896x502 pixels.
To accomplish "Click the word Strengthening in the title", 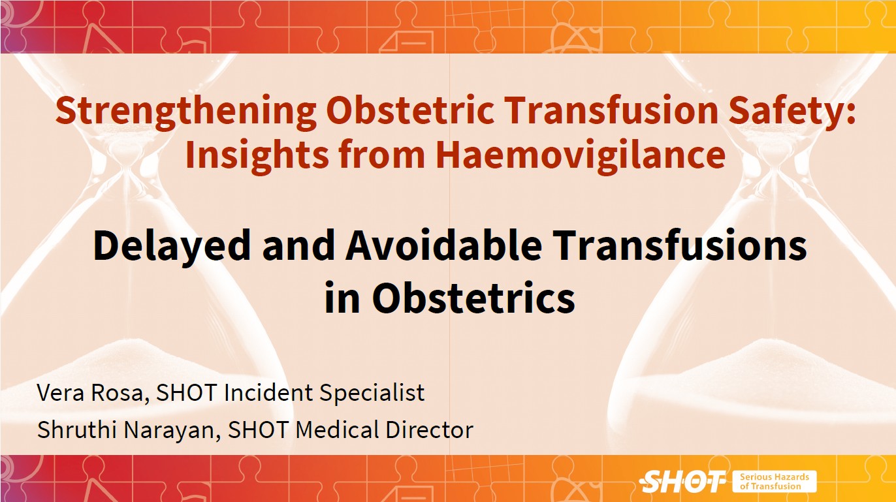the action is pos(186,112).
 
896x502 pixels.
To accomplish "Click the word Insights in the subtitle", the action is pos(257,157).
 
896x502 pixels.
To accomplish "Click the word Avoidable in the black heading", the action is pos(444,245).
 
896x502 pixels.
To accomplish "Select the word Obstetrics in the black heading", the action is pos(474,298).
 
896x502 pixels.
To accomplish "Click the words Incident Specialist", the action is pos(324,393).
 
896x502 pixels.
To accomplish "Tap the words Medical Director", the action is pos(384,430).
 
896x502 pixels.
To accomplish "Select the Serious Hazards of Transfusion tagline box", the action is pos(775,482).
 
